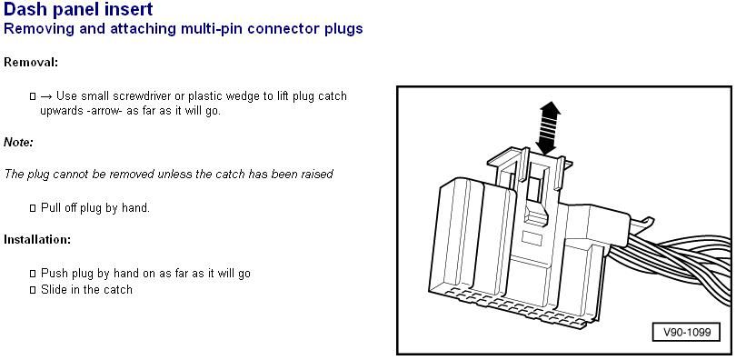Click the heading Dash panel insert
click(78, 9)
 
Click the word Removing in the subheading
click(33, 28)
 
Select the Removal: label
click(31, 62)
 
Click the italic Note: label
click(19, 142)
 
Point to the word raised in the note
click(316, 174)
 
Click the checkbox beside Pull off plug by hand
click(33, 208)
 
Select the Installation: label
click(37, 239)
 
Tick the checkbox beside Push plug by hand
click(33, 274)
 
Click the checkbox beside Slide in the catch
click(33, 290)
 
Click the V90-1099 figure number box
click(687, 333)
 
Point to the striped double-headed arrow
click(550, 127)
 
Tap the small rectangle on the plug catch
click(532, 238)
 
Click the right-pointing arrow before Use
click(46, 96)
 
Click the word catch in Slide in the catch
click(118, 290)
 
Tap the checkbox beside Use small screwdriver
click(33, 96)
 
